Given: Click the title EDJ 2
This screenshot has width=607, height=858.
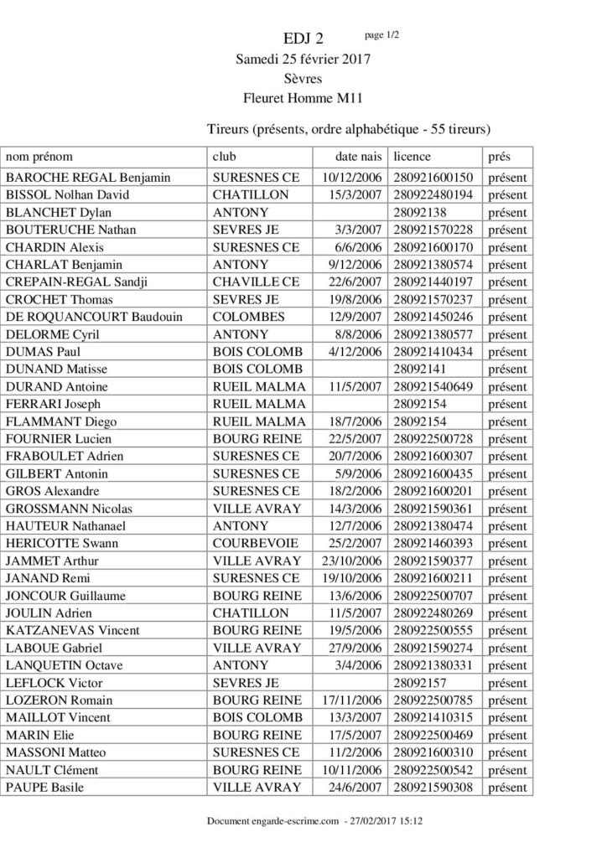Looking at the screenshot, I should coord(303,39).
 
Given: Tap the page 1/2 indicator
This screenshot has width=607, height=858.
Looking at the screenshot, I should coord(383,34).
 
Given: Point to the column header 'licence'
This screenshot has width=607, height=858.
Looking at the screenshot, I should coord(412,157).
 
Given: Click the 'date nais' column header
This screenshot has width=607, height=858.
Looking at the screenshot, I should coord(359,157).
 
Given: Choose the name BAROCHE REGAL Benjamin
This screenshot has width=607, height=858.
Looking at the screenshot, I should coord(88,178).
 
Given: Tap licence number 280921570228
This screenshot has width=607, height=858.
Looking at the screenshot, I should coord(433,230).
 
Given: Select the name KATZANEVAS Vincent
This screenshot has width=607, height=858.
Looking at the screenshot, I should coord(73,630).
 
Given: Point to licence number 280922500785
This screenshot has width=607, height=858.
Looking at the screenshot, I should coord(433,700).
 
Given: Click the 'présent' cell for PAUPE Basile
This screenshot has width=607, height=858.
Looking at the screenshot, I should coord(506,787).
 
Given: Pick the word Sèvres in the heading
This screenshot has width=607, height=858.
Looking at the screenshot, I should coord(304,80).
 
